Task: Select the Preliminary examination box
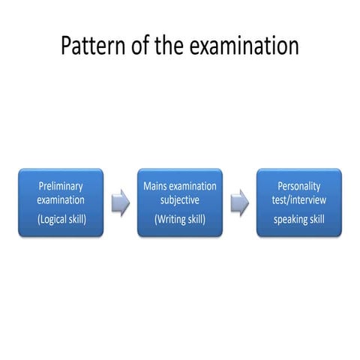[61, 202]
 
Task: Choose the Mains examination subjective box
[179, 202]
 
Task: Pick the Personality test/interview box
[298, 202]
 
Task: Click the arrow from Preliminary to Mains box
[120, 202]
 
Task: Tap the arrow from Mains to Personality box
[239, 202]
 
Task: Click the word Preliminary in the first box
[61, 186]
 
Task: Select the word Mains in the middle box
[155, 186]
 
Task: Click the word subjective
[180, 200]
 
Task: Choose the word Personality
[298, 186]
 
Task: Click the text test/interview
[298, 200]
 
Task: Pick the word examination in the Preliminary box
[61, 200]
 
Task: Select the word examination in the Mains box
[193, 186]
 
